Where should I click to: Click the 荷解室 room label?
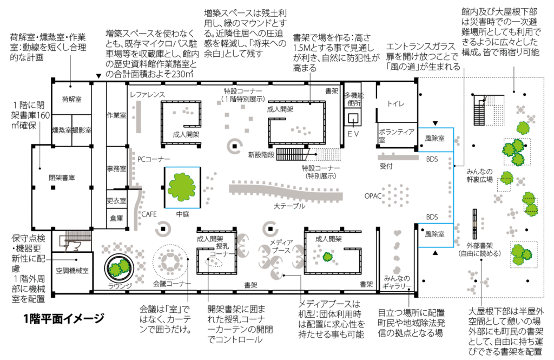click(71, 100)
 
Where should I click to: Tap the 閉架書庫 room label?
click(61, 177)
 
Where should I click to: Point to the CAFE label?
click(149, 214)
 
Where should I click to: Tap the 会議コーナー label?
click(172, 284)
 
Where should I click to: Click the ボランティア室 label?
click(396, 135)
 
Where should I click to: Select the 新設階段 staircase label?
click(262, 155)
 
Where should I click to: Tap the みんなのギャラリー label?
click(396, 283)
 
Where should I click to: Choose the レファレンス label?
click(147, 94)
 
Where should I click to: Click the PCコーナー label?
click(154, 159)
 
